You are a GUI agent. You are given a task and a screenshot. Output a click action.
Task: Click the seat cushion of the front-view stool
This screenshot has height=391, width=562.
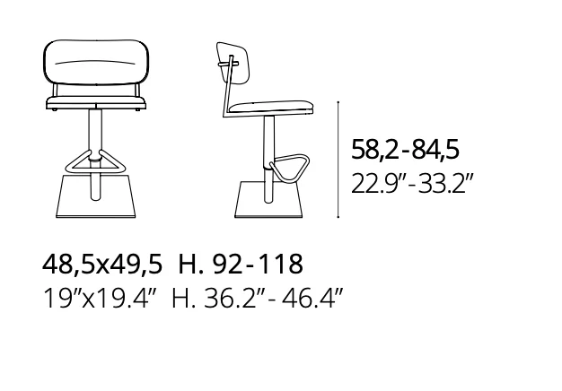[96, 102]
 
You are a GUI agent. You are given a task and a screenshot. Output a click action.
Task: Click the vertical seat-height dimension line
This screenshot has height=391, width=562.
[338, 160]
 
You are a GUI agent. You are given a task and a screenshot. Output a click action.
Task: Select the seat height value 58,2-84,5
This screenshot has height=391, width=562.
[405, 149]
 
